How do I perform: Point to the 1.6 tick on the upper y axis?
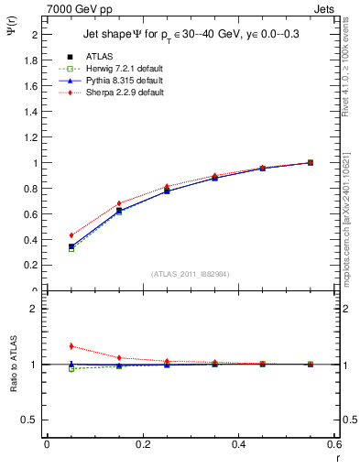pos(30,86)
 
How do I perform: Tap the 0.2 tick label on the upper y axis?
pos(30,265)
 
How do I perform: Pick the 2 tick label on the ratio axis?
pos(34,309)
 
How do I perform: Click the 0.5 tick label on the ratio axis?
pos(30,420)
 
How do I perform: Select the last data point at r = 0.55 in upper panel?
pos(311,162)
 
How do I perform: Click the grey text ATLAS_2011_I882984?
pos(191,274)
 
